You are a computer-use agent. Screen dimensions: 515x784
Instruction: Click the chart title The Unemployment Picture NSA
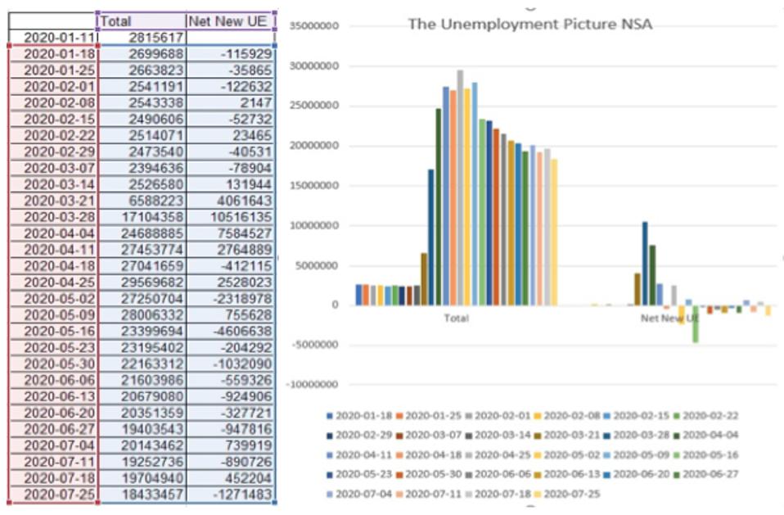click(x=529, y=25)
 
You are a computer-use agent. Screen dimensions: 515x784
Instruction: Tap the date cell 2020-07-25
click(x=54, y=495)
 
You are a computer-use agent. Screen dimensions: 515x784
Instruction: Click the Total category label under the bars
click(x=456, y=318)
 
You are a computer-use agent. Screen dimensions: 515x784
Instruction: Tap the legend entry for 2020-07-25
click(x=571, y=493)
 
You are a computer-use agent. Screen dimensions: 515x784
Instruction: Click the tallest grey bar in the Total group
click(x=460, y=187)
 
